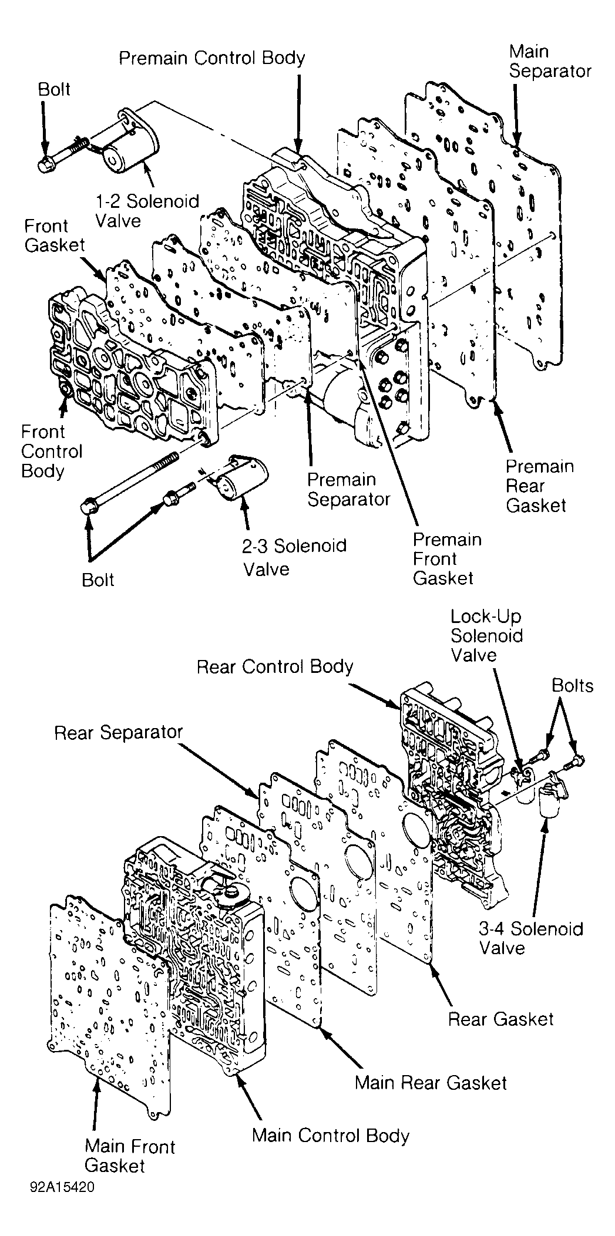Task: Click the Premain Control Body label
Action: pos(212,58)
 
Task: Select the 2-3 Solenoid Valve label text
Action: pos(294,557)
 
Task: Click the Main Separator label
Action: pos(550,61)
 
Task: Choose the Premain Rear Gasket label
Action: pos(539,486)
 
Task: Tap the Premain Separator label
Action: pos(349,489)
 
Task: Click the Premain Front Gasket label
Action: pos(446,558)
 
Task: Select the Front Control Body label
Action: pos(52,451)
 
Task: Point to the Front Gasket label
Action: pos(55,235)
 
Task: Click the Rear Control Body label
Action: pos(275,667)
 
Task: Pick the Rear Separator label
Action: pos(119,732)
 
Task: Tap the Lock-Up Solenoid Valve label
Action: pos(486,635)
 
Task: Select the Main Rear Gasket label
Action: pos(431,1082)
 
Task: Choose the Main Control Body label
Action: pos(330,1135)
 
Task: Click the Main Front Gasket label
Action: pos(130,1156)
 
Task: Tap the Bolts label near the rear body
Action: pos(572,685)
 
